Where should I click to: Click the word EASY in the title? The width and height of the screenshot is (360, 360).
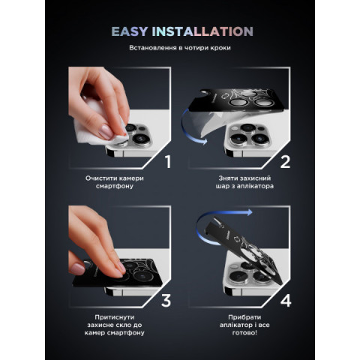[x=130, y=31]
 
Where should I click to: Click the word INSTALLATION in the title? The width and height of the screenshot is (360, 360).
[x=202, y=31]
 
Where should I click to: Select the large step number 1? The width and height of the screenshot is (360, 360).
[x=168, y=161]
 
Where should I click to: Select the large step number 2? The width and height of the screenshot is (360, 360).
[x=285, y=161]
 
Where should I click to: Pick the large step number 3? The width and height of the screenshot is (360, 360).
[x=166, y=301]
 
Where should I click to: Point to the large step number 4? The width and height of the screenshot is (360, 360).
[x=286, y=301]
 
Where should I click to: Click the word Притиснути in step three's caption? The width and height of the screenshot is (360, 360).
[x=115, y=317]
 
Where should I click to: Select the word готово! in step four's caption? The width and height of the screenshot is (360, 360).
[x=244, y=333]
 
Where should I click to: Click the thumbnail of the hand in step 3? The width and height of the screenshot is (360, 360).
[x=77, y=268]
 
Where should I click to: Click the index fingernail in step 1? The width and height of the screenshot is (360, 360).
[x=106, y=132]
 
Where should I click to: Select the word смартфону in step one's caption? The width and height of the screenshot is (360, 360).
[x=115, y=186]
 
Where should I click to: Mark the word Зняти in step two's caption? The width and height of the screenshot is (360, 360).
[x=228, y=178]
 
